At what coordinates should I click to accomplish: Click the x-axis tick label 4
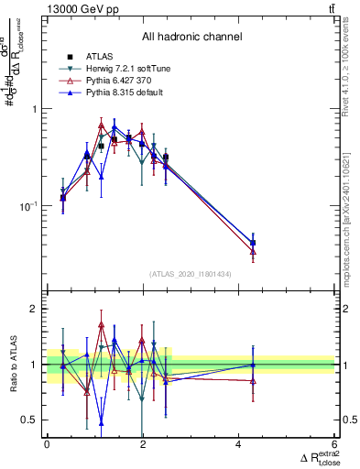(238, 444)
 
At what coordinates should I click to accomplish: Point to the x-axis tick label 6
(334, 444)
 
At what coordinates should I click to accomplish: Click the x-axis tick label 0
(47, 444)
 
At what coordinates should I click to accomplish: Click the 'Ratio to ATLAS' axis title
(13, 364)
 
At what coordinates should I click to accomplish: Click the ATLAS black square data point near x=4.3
(253, 243)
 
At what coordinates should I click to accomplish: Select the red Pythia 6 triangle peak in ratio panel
(101, 325)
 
